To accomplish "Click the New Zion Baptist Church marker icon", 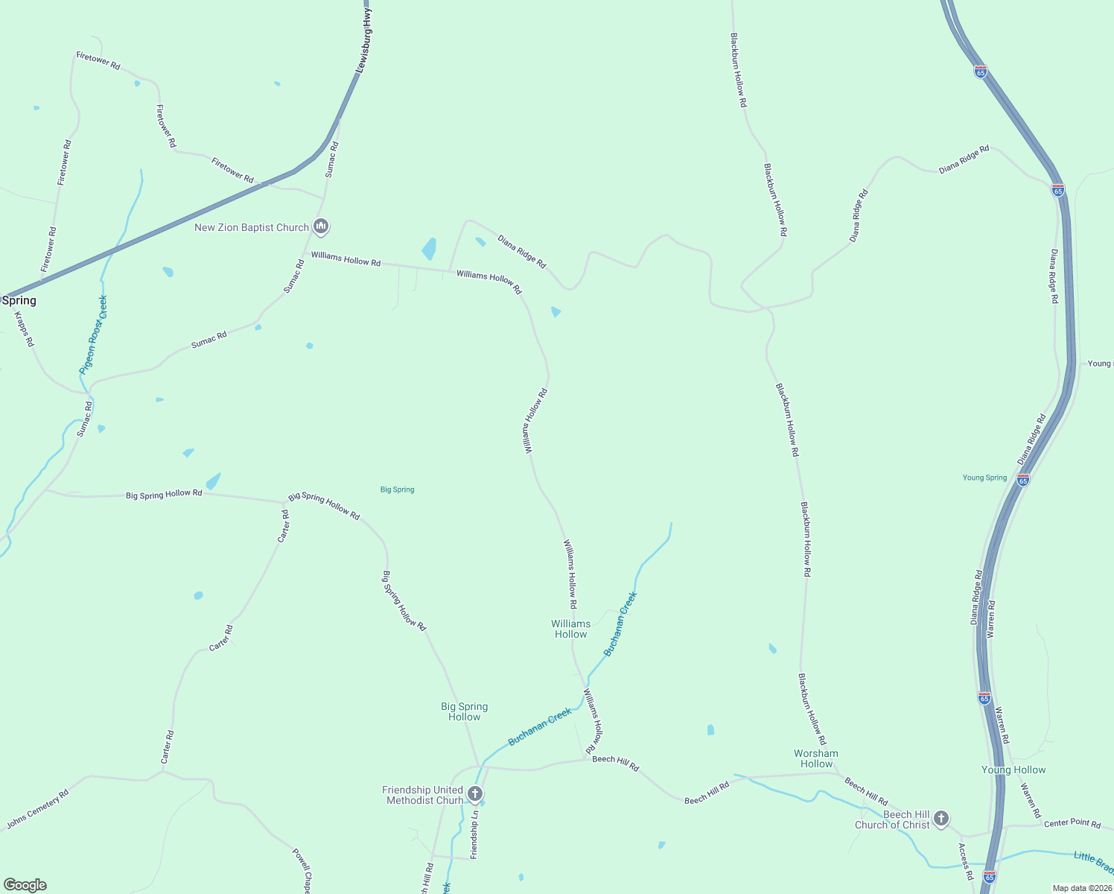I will point(321,226).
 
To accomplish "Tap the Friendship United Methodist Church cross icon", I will point(475,794).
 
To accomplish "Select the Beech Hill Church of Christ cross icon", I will point(941,819).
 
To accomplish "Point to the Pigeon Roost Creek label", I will point(94,335).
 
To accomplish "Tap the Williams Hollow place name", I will point(570,629).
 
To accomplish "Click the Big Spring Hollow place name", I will point(464,711).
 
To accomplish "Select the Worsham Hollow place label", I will point(816,758).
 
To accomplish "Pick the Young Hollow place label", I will point(1013,770).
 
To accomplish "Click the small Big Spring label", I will point(397,489).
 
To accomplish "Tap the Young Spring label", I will point(984,478).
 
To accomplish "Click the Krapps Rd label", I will point(25,329).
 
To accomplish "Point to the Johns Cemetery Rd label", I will point(37,809).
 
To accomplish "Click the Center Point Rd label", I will point(1072,823).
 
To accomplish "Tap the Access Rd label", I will point(966,861).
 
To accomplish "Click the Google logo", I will point(25,885).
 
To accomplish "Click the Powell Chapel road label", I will point(302,870).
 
